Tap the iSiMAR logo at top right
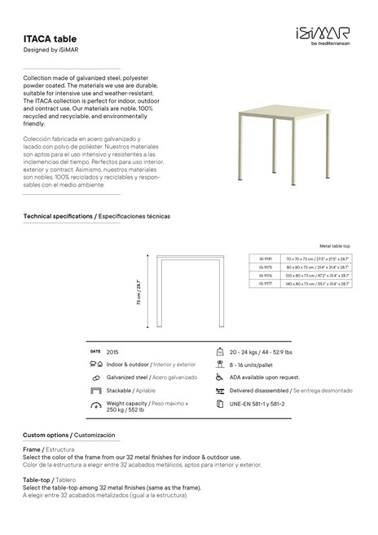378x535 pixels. point(324,33)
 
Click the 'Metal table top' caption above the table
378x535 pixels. point(335,245)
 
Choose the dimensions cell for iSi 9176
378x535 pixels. point(318,276)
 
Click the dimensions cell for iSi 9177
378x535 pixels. point(318,285)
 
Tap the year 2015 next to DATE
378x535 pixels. point(112,350)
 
